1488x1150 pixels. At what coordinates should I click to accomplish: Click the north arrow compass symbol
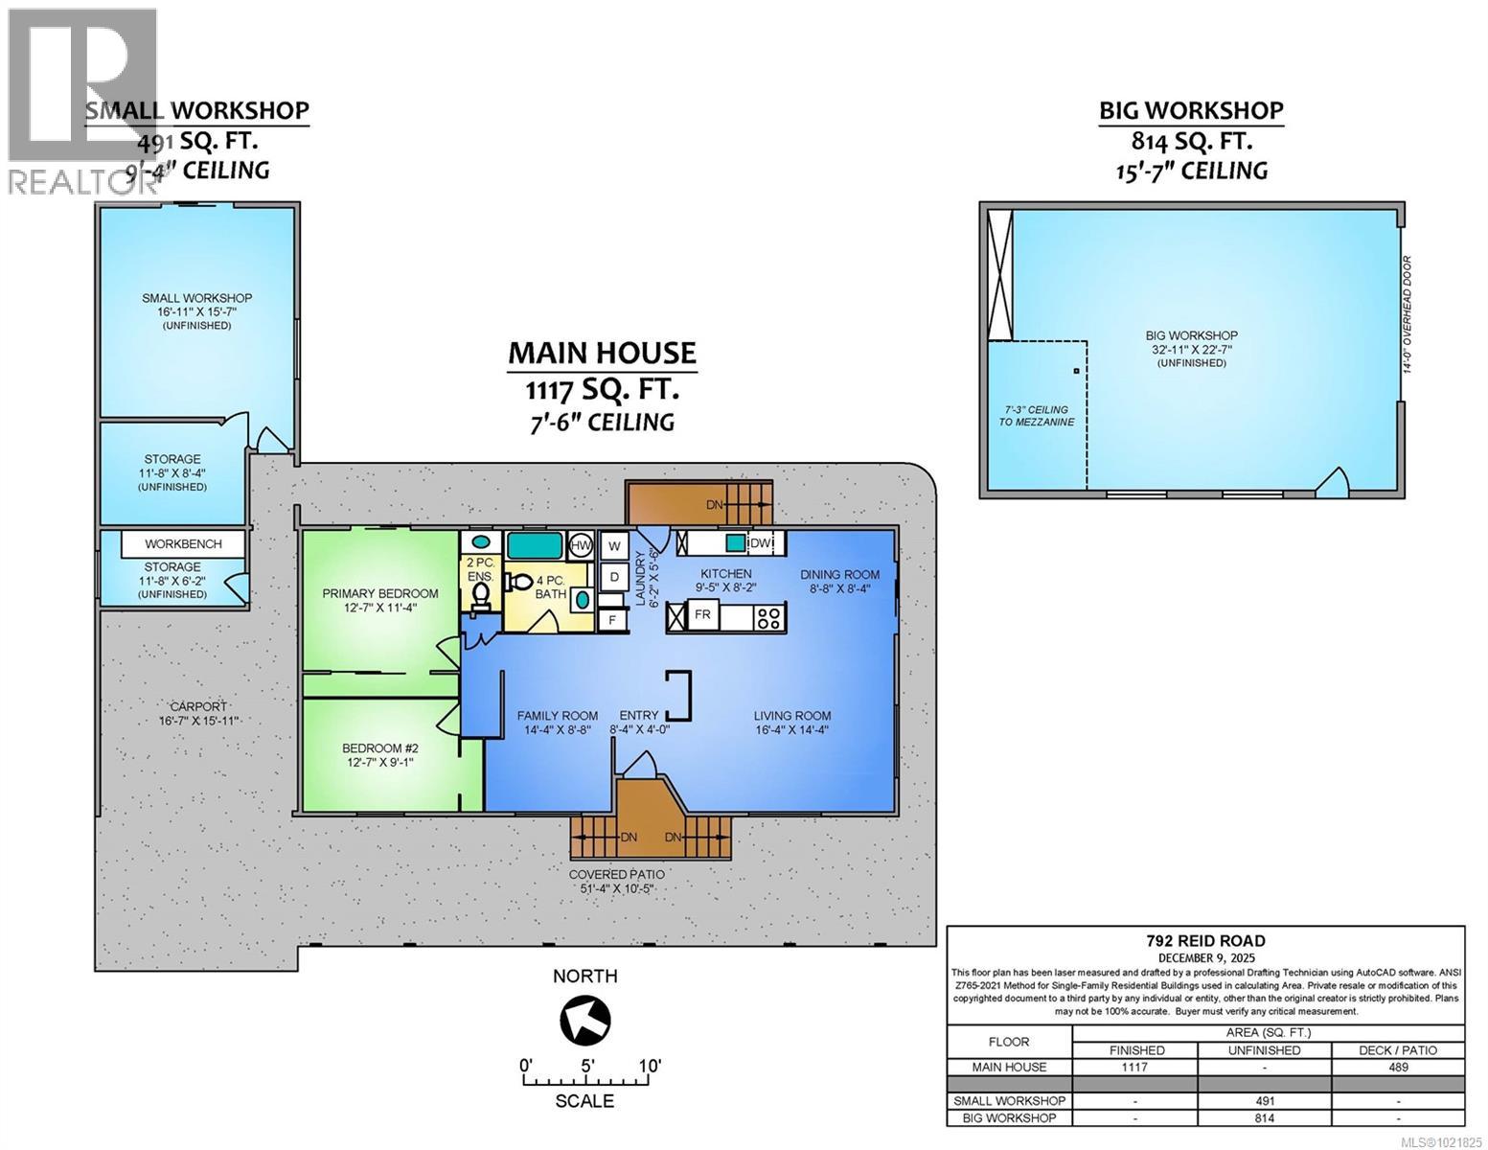click(585, 1020)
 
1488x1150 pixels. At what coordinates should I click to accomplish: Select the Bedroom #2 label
click(379, 755)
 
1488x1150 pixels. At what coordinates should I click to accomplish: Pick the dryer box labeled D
click(614, 577)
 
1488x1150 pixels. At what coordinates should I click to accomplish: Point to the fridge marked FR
click(702, 615)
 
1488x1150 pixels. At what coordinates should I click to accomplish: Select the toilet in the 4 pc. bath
click(518, 583)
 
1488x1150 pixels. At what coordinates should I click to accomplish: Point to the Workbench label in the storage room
click(183, 544)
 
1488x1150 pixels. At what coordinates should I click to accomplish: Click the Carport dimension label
click(199, 714)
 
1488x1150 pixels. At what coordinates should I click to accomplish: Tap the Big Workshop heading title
click(1190, 111)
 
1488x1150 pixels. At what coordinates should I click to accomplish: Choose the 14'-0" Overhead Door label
click(1407, 313)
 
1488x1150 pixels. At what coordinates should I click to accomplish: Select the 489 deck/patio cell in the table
click(1397, 1067)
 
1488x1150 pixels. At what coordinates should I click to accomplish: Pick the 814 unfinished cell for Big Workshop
click(1264, 1118)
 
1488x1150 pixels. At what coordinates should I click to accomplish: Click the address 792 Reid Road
click(1204, 941)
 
